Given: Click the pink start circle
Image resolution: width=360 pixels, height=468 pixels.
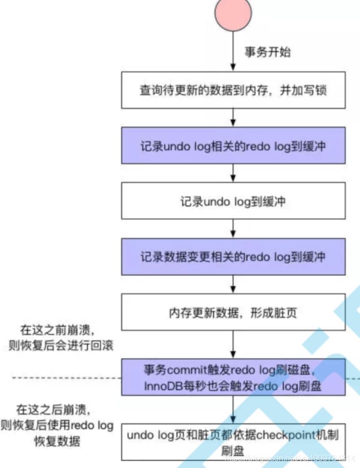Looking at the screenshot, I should (233, 13).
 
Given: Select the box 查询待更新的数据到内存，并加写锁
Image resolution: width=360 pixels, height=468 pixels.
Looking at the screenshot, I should (233, 90).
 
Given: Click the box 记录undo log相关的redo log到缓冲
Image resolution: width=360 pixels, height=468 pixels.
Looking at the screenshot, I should (233, 146).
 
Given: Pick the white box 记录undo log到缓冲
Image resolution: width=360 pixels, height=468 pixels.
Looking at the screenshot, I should (233, 201).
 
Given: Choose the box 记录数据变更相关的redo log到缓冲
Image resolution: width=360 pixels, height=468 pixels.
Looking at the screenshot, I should (233, 256).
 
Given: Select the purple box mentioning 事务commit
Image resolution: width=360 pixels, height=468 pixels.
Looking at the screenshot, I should (233, 377).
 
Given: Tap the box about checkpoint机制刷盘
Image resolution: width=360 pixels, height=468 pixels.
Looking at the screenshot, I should (233, 441).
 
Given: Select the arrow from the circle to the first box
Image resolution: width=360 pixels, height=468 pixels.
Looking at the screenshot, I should (233, 51).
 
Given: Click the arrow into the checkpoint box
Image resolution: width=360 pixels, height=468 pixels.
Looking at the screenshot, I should (233, 409).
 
